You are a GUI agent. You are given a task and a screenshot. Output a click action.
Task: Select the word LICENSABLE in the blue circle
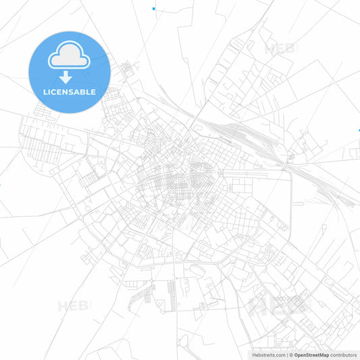tap(68, 92)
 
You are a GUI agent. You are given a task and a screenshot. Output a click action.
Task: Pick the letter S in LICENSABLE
tap(72, 92)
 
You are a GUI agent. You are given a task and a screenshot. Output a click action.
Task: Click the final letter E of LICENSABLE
tap(93, 92)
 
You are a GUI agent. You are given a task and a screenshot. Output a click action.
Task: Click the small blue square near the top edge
tap(154, 9)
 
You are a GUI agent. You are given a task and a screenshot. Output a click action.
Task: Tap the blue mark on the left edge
tap(1, 184)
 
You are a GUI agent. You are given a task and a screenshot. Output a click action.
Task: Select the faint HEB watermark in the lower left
tap(74, 305)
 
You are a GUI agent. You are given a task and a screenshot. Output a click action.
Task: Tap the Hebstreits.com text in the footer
tap(267, 354)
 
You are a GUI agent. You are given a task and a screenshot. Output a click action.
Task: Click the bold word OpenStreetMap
tap(311, 354)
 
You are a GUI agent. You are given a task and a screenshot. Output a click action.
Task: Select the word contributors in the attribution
tap(344, 354)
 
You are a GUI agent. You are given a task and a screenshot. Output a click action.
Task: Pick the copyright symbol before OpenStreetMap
tap(291, 354)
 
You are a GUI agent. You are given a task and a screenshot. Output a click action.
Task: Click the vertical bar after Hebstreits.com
tap(286, 354)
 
